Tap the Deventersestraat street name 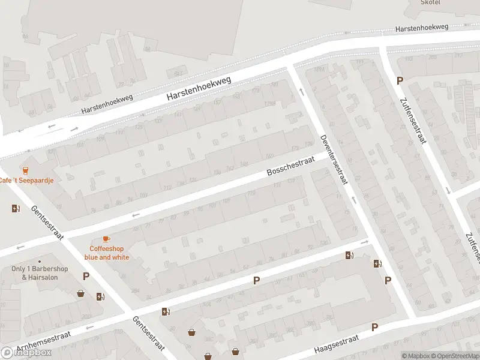(334, 159)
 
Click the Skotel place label (430, 3)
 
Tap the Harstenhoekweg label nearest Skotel (422, 28)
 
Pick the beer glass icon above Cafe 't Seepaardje (25, 170)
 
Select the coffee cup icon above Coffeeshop (106, 239)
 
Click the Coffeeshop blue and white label (107, 253)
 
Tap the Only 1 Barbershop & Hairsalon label (40, 272)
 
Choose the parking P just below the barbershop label (86, 277)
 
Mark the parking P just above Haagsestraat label (375, 327)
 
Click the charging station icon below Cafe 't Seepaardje (15, 208)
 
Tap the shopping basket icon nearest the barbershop (80, 293)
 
